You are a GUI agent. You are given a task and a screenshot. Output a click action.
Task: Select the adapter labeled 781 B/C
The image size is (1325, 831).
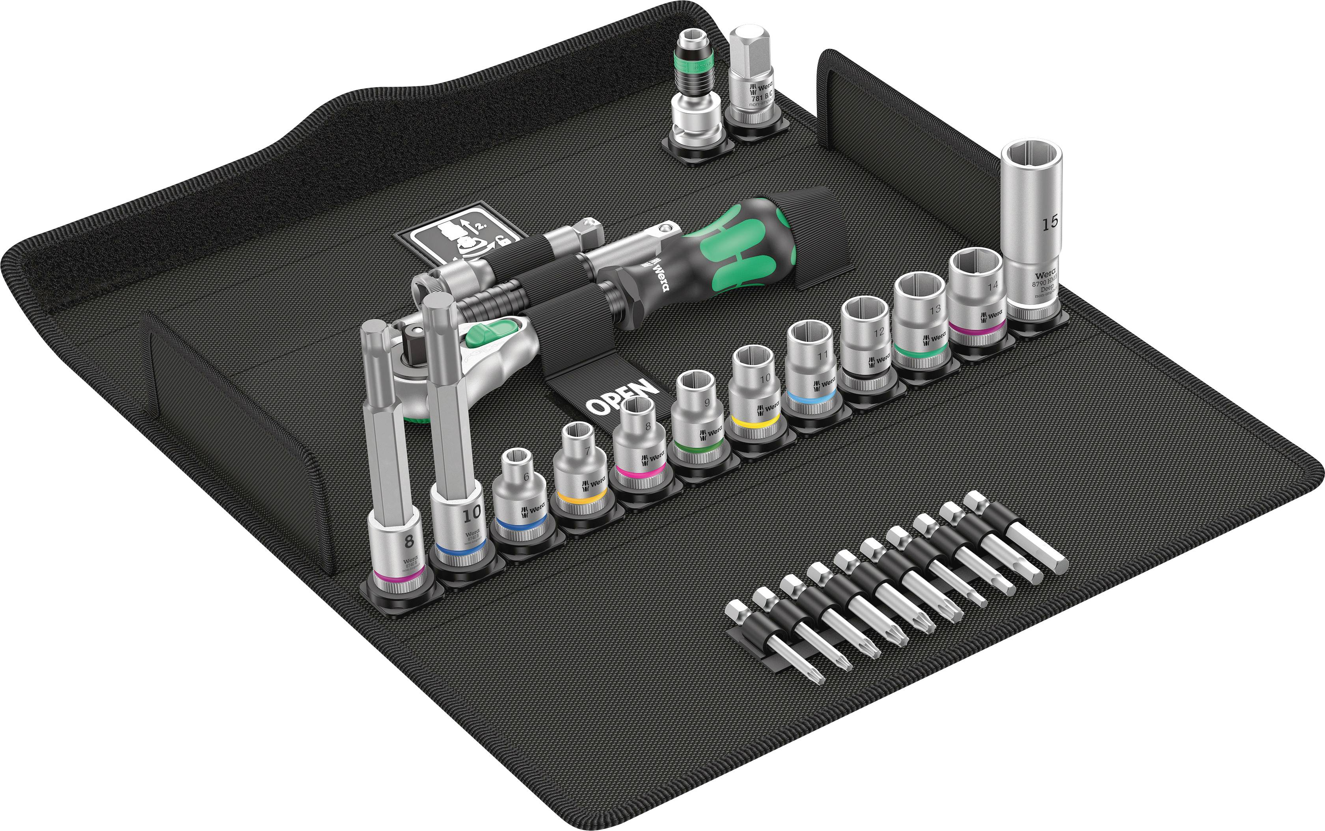coord(752,82)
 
